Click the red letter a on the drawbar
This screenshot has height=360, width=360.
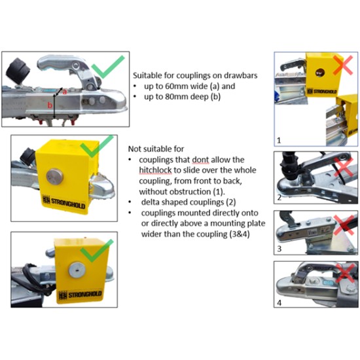(65, 92)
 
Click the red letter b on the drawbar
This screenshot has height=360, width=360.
(50, 105)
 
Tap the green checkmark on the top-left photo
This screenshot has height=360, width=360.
(108, 67)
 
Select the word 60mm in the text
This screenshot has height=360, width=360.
(176, 86)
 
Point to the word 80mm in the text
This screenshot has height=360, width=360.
(176, 96)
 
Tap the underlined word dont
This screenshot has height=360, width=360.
(200, 160)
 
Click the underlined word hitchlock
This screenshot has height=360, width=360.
(155, 170)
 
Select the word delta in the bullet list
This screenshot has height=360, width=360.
(150, 202)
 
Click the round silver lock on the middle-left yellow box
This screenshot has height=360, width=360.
(54, 177)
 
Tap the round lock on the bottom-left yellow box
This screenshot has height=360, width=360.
(77, 270)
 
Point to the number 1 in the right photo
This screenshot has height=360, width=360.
(279, 140)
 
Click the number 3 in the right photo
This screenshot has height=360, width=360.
(279, 249)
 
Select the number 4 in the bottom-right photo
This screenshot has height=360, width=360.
(279, 303)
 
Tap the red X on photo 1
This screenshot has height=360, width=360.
(343, 65)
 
